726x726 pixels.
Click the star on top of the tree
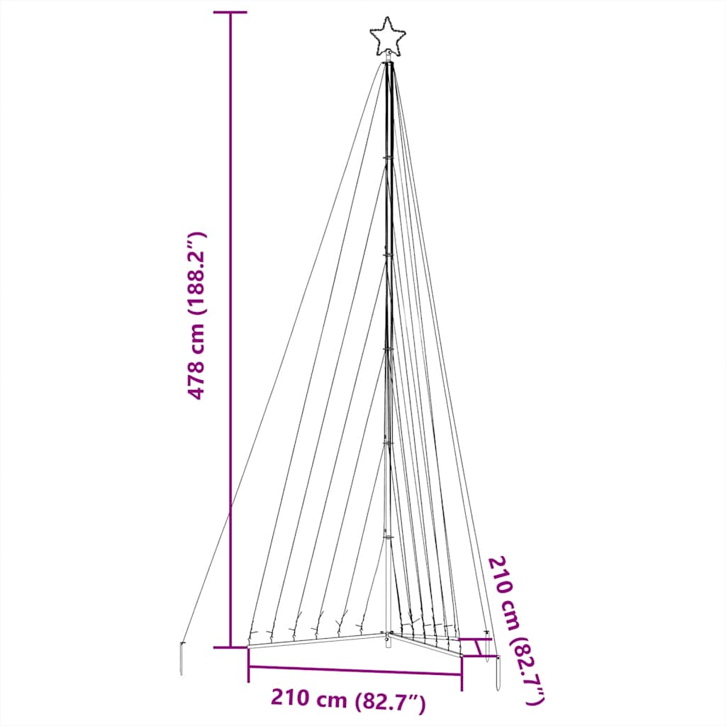point(387,36)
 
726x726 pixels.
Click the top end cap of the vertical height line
point(230,13)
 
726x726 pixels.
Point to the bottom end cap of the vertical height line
point(230,647)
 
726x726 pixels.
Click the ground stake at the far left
point(182,659)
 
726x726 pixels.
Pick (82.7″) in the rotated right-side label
point(530,670)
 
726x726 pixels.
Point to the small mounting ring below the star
point(387,57)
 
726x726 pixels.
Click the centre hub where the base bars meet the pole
point(387,633)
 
